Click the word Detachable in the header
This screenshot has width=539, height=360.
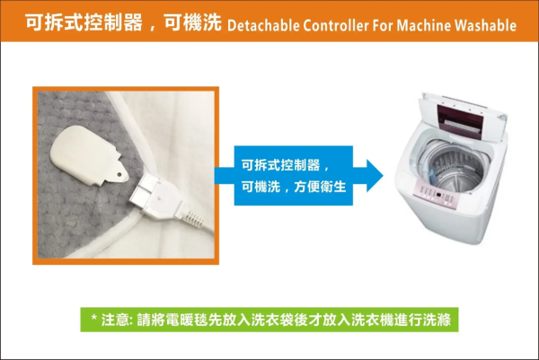[x=263, y=25]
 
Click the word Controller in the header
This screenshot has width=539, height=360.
[x=335, y=25]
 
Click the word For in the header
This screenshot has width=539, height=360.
[x=383, y=25]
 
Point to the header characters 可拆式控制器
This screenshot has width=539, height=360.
[x=84, y=22]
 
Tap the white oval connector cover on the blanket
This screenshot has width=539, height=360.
[x=89, y=155]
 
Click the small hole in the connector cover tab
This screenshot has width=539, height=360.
[x=119, y=174]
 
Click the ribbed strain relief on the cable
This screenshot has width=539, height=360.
[x=193, y=218]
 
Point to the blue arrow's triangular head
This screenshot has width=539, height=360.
[x=375, y=175]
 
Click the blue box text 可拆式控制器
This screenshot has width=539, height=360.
[x=280, y=165]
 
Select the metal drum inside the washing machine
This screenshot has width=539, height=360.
[x=453, y=168]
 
